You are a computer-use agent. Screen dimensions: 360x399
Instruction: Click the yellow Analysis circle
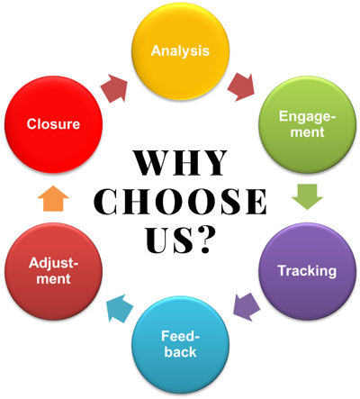tap(180, 51)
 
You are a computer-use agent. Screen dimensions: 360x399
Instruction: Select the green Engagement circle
tap(308, 124)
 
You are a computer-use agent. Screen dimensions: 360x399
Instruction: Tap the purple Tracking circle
tap(308, 271)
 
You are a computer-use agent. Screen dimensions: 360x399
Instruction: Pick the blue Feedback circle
tap(180, 345)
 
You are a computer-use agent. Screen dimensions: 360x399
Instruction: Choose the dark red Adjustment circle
tap(53, 271)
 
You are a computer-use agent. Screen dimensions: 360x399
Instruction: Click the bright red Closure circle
tap(53, 124)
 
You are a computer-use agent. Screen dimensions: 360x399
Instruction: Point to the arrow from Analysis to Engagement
tap(241, 86)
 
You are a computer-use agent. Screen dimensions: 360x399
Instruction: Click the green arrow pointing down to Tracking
tap(307, 197)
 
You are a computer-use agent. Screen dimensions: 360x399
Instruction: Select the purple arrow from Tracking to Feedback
tap(247, 307)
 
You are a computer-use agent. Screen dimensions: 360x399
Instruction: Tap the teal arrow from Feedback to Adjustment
tap(121, 308)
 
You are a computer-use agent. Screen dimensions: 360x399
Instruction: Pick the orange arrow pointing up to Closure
tap(53, 198)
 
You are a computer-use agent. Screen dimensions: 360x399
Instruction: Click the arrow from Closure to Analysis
tap(114, 88)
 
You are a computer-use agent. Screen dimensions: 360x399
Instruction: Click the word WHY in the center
tap(180, 163)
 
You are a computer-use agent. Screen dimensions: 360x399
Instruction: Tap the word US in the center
tap(167, 240)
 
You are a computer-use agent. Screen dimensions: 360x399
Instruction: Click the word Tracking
tap(307, 271)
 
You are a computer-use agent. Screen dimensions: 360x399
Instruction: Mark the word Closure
tap(53, 124)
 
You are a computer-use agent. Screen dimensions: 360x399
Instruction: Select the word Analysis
tap(180, 50)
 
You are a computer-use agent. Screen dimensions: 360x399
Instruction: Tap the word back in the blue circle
tap(180, 352)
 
